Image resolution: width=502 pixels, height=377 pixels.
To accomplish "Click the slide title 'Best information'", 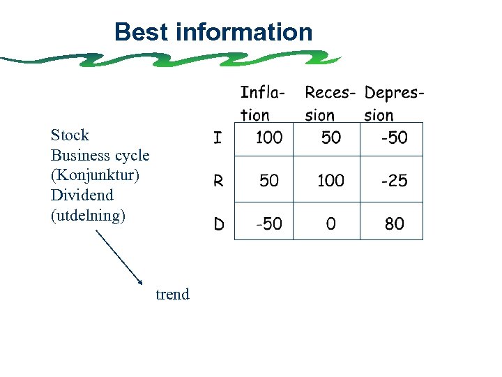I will click(x=213, y=32).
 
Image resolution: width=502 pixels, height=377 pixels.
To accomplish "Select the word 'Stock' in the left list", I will click(x=70, y=135).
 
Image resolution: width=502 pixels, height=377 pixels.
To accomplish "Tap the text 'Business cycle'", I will click(x=100, y=155).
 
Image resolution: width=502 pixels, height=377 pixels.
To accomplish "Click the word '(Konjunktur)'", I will click(x=95, y=175).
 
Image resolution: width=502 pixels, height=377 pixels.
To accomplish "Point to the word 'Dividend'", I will click(x=82, y=195).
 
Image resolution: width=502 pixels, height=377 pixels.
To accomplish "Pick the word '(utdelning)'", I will click(x=88, y=215).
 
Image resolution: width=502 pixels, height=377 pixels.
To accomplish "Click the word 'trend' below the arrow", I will click(x=172, y=294).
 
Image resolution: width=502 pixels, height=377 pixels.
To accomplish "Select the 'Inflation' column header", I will click(x=262, y=103).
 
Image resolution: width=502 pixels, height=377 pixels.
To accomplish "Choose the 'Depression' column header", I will click(x=394, y=103).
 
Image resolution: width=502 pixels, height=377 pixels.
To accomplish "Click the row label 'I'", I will click(x=218, y=138).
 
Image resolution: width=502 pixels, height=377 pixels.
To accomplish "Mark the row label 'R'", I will click(x=218, y=181).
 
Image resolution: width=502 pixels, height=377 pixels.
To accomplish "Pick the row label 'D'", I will click(x=219, y=224).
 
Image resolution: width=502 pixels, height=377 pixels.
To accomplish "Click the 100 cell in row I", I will click(x=268, y=138).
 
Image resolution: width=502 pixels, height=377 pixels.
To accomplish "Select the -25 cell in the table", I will click(x=394, y=181).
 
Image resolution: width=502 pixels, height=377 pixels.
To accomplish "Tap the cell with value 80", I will click(x=394, y=223).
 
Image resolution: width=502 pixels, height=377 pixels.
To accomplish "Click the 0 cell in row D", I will click(x=330, y=223).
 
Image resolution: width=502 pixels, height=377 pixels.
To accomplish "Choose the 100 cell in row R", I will click(x=330, y=181).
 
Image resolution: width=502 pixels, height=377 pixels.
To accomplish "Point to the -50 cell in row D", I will click(x=268, y=223).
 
